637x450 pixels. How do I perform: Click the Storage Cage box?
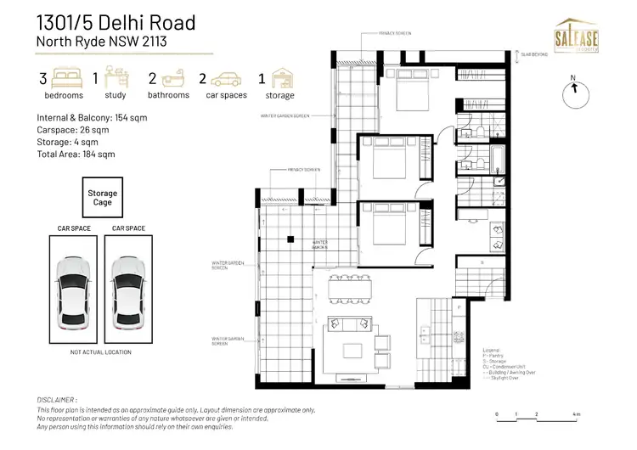tap(102, 199)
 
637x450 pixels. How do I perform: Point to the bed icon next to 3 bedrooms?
tap(70, 79)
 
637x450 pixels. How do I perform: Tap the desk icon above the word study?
tap(116, 79)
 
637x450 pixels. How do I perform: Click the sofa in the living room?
tap(348, 325)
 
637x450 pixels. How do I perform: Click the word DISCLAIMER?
tap(58, 398)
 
